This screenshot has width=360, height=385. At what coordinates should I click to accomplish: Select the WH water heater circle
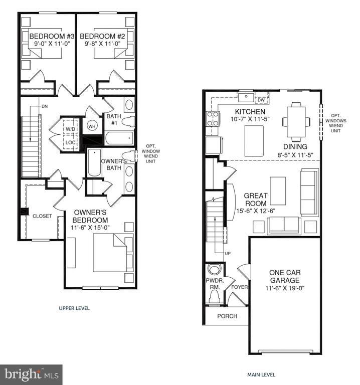[x=92, y=126]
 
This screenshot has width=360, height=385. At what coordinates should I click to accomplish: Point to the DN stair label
[x=45, y=106]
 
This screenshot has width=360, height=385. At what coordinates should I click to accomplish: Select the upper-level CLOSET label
[x=42, y=217]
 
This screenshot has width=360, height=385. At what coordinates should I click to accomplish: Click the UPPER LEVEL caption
[x=74, y=308]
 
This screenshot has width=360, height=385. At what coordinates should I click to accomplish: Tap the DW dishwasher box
[x=261, y=100]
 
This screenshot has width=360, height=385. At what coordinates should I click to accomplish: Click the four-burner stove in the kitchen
[x=213, y=118]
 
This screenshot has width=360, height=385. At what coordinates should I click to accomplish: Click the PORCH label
[x=227, y=316]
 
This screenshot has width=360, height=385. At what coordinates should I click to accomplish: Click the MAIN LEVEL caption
[x=261, y=374]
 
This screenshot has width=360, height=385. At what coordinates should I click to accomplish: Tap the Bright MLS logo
[x=31, y=374]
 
